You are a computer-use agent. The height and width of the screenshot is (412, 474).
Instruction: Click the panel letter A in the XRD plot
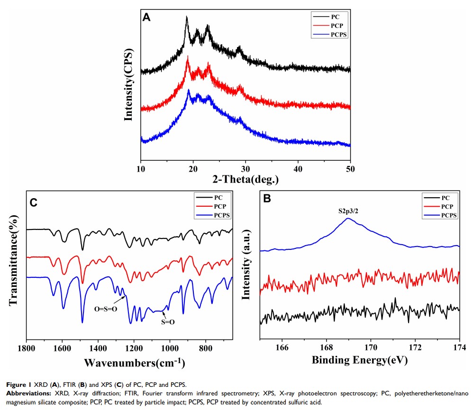pyautogui.click(x=147, y=18)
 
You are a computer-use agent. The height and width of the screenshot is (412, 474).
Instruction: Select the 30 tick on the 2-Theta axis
pyautogui.click(x=246, y=169)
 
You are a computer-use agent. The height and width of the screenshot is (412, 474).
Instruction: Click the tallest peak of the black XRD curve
pyautogui.click(x=187, y=17)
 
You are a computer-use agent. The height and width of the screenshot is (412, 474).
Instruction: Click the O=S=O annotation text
pyautogui.click(x=105, y=309)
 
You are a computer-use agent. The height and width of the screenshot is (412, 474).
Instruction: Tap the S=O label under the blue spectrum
pyautogui.click(x=168, y=322)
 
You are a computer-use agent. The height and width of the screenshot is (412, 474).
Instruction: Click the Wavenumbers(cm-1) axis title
pyautogui.click(x=134, y=363)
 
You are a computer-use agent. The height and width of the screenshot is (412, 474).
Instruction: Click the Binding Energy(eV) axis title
pyautogui.click(x=360, y=360)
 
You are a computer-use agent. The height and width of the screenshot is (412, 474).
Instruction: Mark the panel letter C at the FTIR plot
pyautogui.click(x=34, y=203)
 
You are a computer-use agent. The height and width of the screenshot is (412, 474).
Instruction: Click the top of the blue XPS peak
pyautogui.click(x=348, y=219)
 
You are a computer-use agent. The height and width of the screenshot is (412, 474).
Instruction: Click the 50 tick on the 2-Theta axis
pyautogui.click(x=350, y=169)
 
